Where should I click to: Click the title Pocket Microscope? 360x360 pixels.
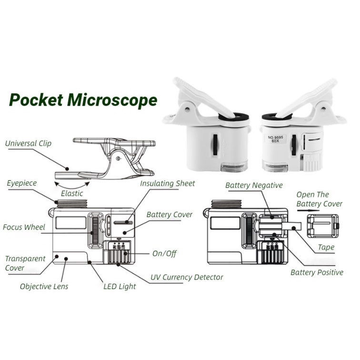coord(83,100)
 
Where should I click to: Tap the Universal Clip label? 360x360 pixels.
coord(29,143)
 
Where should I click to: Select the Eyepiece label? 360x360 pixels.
coord(21,183)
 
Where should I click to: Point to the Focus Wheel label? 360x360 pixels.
coord(24,227)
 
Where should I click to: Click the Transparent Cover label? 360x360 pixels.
coord(25,263)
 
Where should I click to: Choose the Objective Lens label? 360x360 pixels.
coord(44,286)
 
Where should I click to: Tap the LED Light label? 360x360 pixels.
coord(120,286)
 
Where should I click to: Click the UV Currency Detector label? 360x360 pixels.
coord(187,277)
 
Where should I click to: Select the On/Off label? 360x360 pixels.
coord(164,254)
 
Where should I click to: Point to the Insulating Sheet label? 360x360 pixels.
coord(167,183)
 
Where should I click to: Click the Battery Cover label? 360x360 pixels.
coord(170,215)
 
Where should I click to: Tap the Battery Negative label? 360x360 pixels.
coord(254,185)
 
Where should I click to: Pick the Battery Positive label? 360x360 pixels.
coord(317,272)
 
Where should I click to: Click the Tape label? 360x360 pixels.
coord(326,248)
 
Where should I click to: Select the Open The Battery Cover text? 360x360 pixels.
coord(319,199)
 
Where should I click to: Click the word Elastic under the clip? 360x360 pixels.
coord(72,193)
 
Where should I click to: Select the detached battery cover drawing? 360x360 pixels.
coord(322,225)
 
